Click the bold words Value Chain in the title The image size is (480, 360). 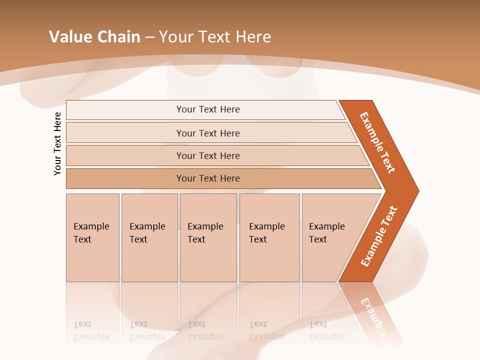tap(94, 37)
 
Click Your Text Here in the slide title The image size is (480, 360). tap(215, 37)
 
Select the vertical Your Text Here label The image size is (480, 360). tap(57, 143)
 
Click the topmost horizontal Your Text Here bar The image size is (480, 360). tap(208, 109)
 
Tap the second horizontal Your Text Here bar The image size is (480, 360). tap(208, 133)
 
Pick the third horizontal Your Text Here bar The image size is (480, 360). tap(208, 155)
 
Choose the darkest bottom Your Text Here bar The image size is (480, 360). tap(208, 178)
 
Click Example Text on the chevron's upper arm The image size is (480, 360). tap(377, 142)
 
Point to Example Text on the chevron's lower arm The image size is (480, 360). tap(379, 236)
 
